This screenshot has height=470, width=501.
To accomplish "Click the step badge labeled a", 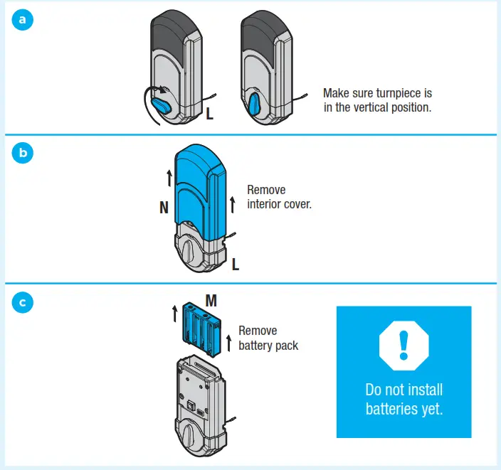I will click(23, 21).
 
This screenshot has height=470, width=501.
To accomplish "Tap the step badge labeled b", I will click(23, 154).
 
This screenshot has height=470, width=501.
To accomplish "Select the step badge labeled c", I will click(23, 302).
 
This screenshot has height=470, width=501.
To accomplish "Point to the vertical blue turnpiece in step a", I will click(255, 105).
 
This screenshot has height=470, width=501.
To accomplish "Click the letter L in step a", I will click(209, 114).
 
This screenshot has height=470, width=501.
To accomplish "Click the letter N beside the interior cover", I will click(164, 208).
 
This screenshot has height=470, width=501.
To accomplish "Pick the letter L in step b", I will click(236, 265).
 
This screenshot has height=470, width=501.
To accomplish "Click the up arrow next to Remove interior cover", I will click(233, 206).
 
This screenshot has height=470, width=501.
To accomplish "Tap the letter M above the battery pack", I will click(211, 301).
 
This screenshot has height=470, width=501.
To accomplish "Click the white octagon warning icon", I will click(404, 345).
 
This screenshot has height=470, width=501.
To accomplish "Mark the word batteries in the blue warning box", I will click(394, 409).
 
